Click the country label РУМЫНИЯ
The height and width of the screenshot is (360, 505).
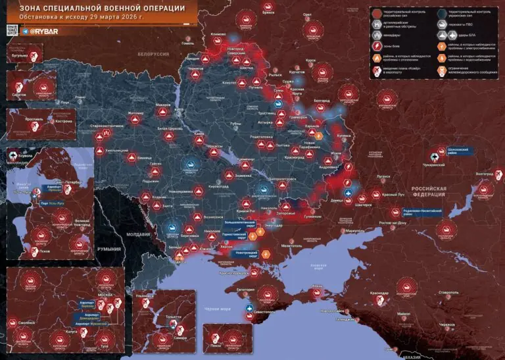pos(107,249)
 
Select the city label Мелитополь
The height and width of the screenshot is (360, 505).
pos(291,244)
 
